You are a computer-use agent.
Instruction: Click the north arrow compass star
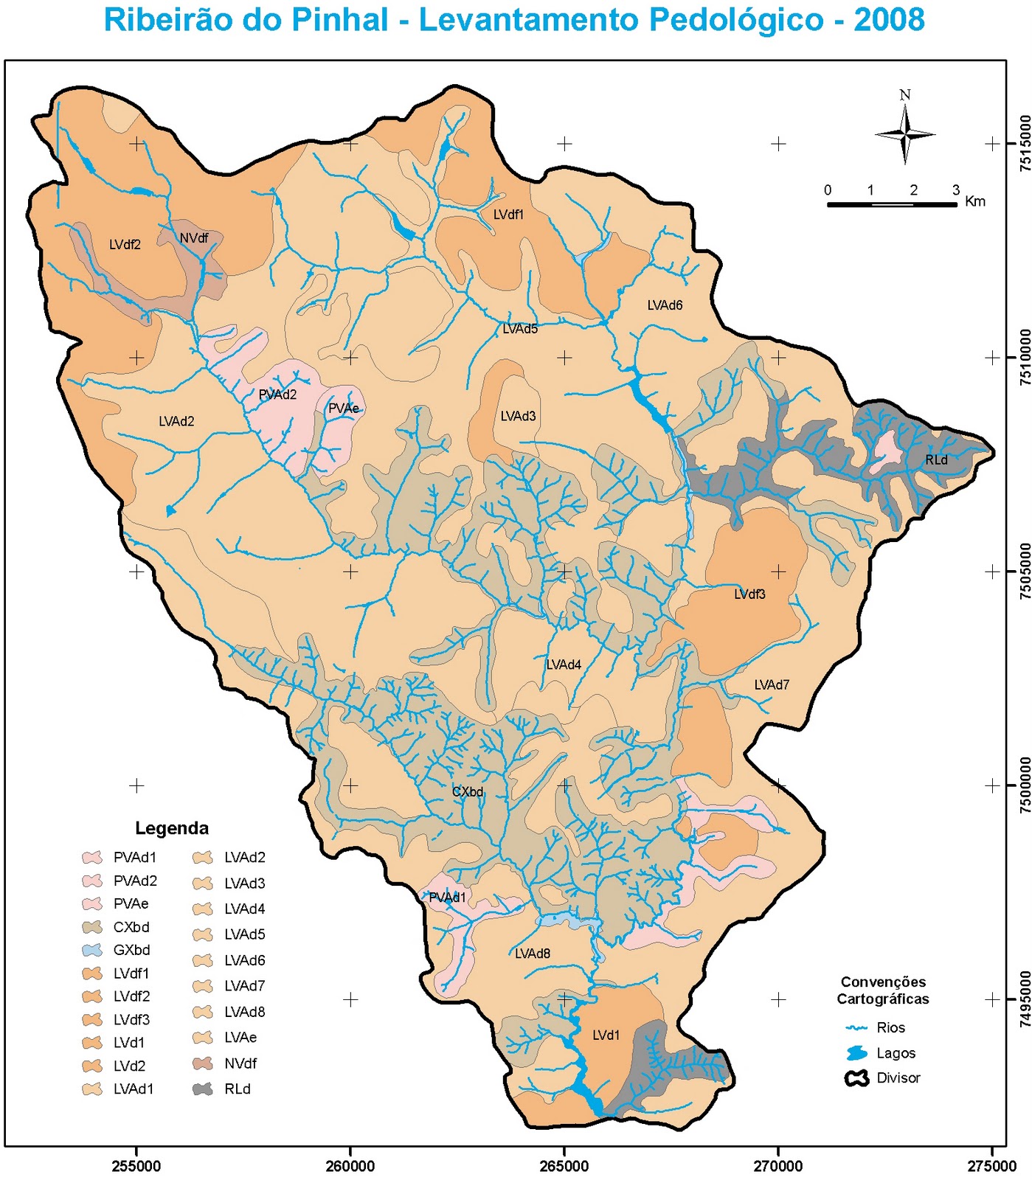tap(905, 134)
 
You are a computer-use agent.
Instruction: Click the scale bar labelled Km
tap(891, 204)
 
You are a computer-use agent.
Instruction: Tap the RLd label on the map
tap(936, 459)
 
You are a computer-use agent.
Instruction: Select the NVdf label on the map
tap(194, 238)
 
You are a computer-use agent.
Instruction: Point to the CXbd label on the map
tap(468, 792)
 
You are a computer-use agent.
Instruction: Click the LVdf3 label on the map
tap(749, 594)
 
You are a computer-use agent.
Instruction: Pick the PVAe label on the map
tap(343, 409)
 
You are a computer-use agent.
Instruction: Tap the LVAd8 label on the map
tap(532, 954)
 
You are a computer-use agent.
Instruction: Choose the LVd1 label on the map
tap(606, 1035)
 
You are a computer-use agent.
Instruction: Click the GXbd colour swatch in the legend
tap(92, 950)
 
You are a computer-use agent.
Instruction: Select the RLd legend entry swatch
tap(203, 1089)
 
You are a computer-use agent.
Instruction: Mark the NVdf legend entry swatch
tap(203, 1063)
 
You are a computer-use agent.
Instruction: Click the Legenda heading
tap(172, 828)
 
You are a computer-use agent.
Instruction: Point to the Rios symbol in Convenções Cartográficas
tap(856, 1028)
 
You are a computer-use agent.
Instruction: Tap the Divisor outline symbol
tap(856, 1078)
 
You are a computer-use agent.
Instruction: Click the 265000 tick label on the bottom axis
tap(564, 1166)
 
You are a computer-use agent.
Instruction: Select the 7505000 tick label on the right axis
tap(1025, 572)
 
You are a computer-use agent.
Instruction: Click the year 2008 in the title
tap(889, 20)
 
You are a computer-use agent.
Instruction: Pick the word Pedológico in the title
tap(731, 20)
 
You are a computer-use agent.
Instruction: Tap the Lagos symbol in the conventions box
tap(856, 1053)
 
